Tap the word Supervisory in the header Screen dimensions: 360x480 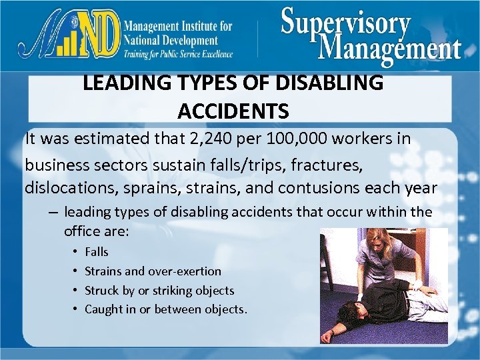click(345, 23)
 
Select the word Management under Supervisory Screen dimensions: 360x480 click(390, 47)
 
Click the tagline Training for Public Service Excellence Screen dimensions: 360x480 click(178, 54)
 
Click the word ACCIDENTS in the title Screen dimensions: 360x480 click(233, 111)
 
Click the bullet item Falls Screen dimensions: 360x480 click(97, 252)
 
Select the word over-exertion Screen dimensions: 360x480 click(189, 271)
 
